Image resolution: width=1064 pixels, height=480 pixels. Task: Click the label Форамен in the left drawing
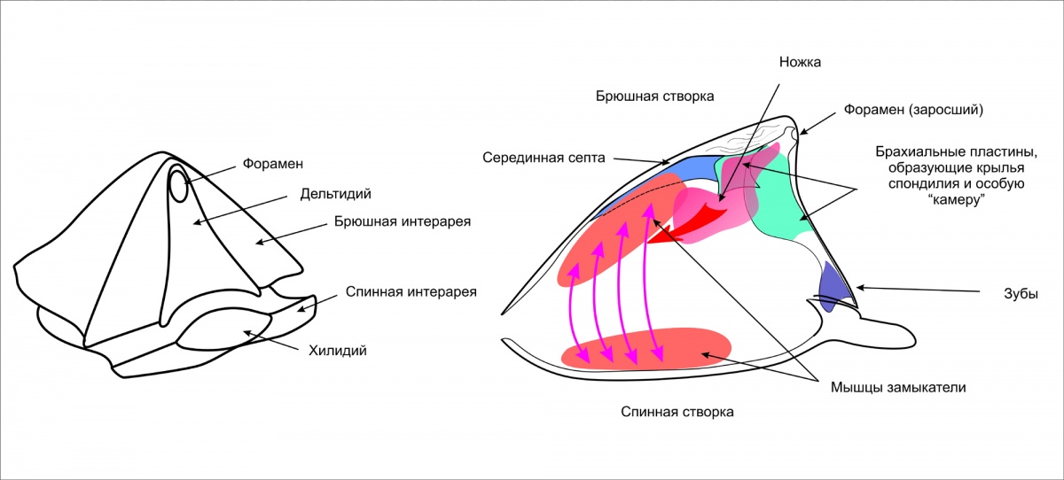[273, 164]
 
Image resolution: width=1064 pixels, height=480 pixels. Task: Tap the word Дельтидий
[335, 192]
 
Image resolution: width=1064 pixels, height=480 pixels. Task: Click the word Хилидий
[338, 351]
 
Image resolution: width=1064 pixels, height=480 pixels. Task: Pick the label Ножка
[801, 62]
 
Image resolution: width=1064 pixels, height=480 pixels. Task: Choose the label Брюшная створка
[654, 95]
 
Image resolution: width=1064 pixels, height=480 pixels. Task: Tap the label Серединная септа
[544, 158]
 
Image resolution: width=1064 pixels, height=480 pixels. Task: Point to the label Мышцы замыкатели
[897, 387]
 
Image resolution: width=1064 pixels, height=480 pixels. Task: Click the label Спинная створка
[677, 412]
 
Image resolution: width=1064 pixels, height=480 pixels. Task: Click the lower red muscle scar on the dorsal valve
[647, 348]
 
